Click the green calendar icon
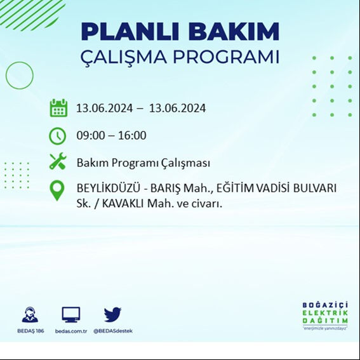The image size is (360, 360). (x=58, y=108)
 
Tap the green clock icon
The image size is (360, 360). (x=58, y=135)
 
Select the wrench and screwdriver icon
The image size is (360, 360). (x=58, y=163)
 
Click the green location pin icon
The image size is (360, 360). (x=58, y=190)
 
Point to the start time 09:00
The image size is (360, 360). (x=90, y=135)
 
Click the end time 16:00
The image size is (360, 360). (x=132, y=135)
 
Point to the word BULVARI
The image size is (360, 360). (x=314, y=189)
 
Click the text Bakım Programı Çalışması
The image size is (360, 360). (x=143, y=163)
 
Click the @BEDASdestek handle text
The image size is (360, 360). (x=112, y=331)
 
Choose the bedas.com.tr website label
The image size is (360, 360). (x=70, y=331)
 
